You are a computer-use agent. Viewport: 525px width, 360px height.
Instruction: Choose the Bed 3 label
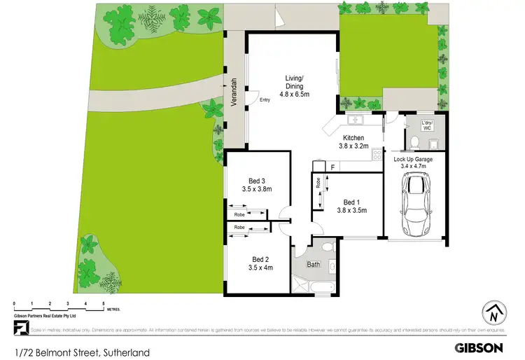click(x=256, y=184)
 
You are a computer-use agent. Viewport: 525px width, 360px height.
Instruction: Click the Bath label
click(x=313, y=265)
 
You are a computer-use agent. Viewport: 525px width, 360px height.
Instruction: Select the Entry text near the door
click(x=265, y=100)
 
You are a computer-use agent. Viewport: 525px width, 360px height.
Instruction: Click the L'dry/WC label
click(x=427, y=125)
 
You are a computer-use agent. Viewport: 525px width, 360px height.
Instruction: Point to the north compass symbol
click(x=494, y=313)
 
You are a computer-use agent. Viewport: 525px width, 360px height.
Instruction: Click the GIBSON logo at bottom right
click(x=478, y=347)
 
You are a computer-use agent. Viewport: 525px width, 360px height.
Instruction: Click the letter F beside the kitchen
click(x=333, y=167)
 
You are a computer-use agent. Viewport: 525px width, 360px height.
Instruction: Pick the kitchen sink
click(x=356, y=118)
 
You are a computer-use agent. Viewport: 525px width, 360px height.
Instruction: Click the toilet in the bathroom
click(x=331, y=266)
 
